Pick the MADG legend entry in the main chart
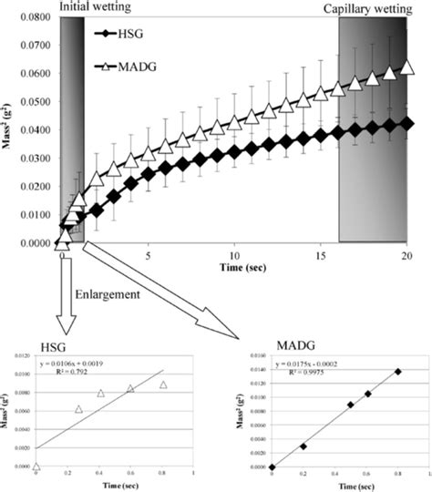point(146,67)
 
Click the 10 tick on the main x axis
point(235,256)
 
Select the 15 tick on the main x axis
point(322,256)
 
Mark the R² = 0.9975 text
point(321,372)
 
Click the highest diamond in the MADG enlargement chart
point(397,371)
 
